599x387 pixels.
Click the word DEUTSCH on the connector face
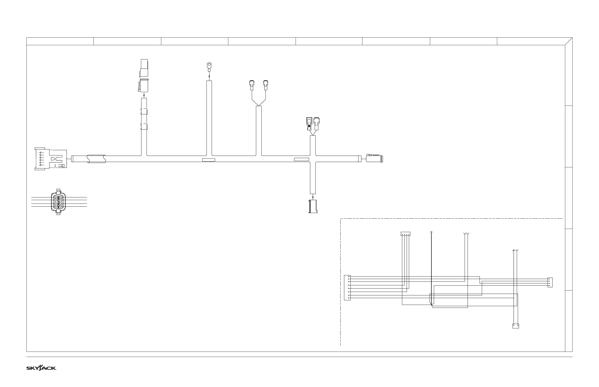click(x=58, y=202)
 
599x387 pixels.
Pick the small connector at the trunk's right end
click(x=374, y=159)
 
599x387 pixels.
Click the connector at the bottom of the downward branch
click(x=313, y=206)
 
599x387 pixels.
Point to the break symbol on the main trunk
click(x=96, y=159)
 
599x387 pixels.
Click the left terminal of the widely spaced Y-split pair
click(x=252, y=85)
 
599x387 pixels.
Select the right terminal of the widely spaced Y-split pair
click(x=265, y=85)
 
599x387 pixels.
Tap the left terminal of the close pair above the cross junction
click(x=309, y=123)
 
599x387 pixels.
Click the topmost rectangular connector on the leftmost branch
click(x=144, y=68)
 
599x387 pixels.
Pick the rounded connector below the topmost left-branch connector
click(x=143, y=86)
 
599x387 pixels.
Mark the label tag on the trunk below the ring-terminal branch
click(x=209, y=160)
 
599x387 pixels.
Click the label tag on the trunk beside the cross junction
click(x=301, y=159)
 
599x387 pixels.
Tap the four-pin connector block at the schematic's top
click(x=405, y=234)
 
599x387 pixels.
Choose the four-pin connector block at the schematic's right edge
click(x=550, y=282)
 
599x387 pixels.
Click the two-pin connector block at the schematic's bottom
click(x=516, y=326)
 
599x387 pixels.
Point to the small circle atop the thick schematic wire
click(x=431, y=232)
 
